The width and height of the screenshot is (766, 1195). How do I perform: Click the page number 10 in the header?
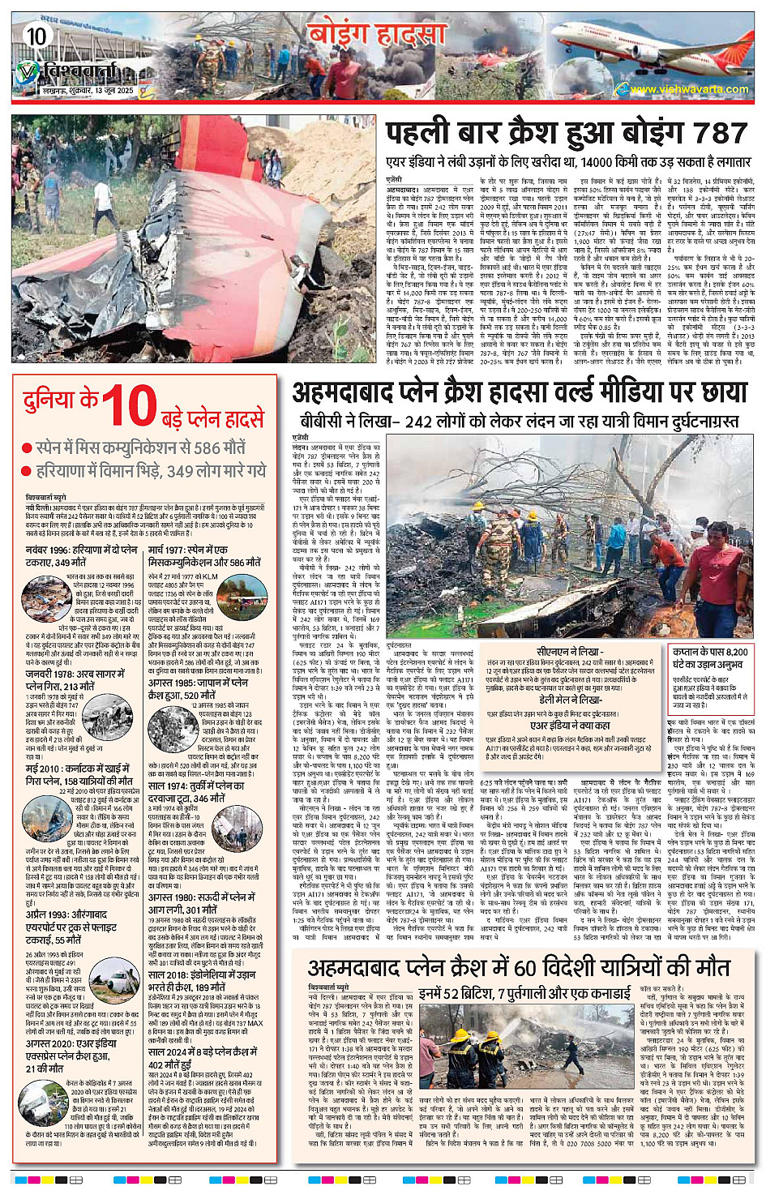click(36, 36)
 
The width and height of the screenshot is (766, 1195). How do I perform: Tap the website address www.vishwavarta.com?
click(689, 89)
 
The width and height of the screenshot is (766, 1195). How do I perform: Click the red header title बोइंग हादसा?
click(376, 36)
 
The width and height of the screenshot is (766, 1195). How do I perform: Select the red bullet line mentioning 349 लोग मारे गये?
click(150, 471)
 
